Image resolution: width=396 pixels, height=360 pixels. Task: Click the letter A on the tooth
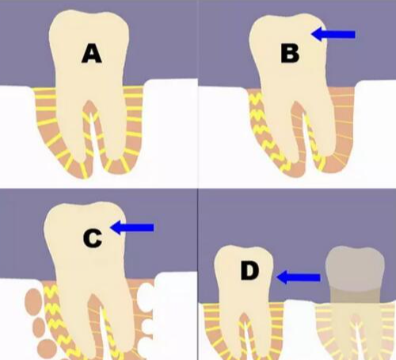click(92, 54)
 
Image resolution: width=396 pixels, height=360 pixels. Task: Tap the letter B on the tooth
click(290, 53)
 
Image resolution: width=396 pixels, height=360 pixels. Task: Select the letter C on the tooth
click(93, 239)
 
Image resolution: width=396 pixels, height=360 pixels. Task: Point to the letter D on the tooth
click(249, 270)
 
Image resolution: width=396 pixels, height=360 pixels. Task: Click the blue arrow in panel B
click(333, 34)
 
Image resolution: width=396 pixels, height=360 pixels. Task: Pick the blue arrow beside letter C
click(132, 228)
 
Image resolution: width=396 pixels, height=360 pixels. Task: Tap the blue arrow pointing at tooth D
click(298, 278)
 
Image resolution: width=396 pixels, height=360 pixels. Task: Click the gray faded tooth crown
click(355, 268)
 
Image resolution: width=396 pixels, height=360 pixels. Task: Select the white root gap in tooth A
click(93, 143)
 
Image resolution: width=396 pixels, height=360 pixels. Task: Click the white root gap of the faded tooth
click(358, 341)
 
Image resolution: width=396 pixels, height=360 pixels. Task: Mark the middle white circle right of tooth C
click(147, 326)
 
